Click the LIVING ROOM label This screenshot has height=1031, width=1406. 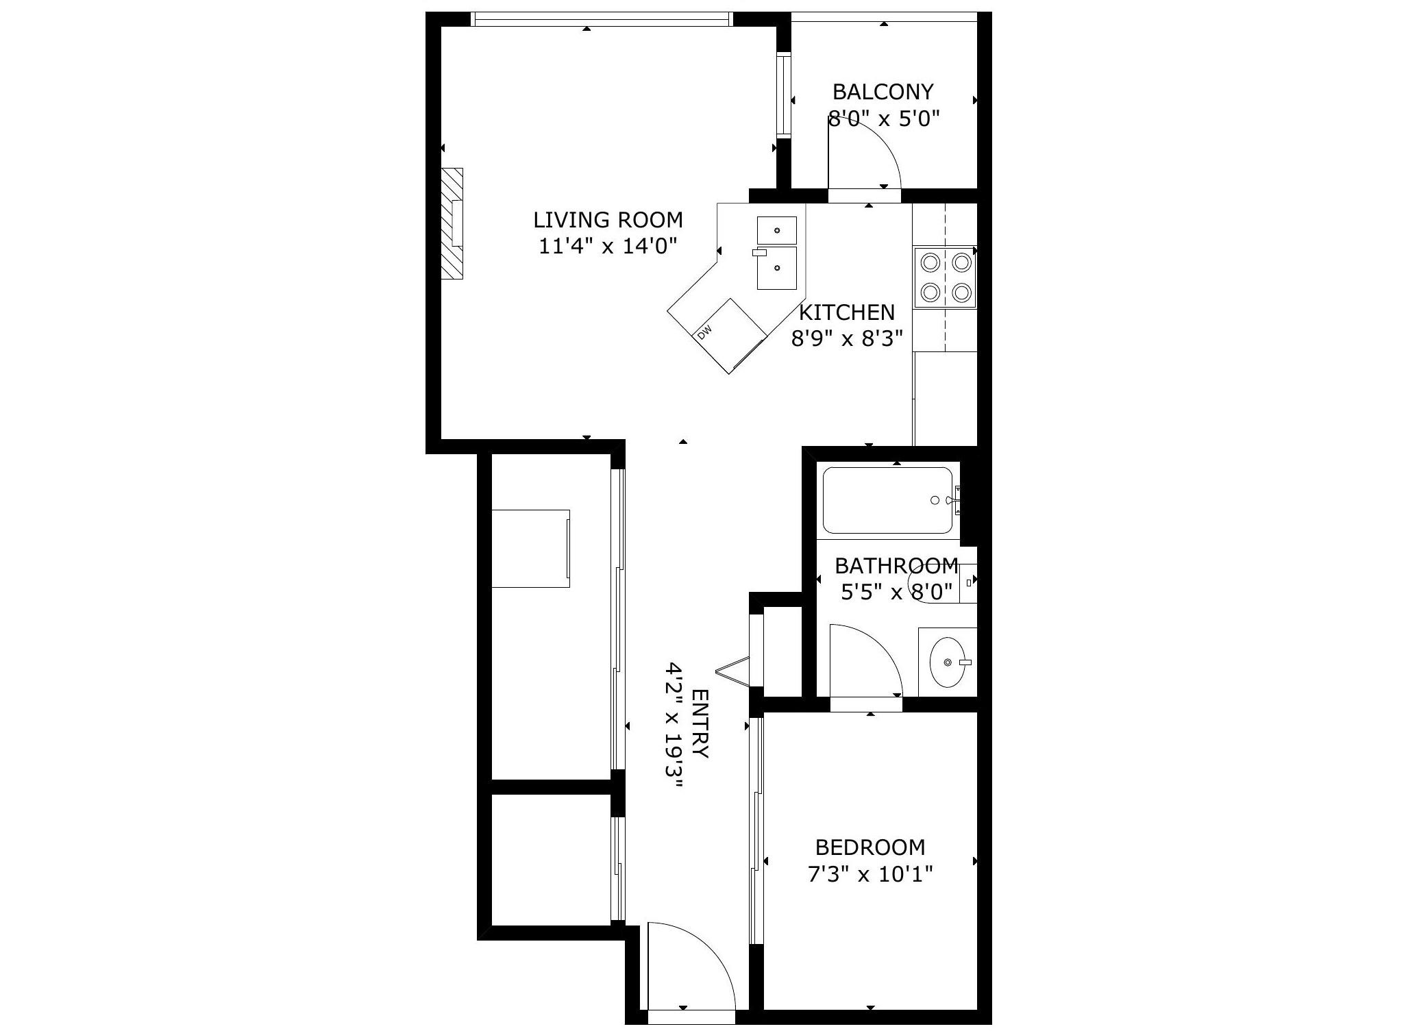click(608, 220)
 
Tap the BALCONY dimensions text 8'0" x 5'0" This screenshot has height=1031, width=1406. click(883, 119)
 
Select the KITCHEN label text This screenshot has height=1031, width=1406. click(847, 312)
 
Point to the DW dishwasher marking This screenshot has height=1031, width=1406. click(704, 332)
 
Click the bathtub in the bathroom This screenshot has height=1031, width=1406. click(887, 500)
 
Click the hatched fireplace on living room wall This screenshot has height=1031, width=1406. click(452, 223)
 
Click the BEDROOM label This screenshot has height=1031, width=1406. click(870, 847)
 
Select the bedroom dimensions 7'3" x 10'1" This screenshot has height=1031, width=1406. click(870, 875)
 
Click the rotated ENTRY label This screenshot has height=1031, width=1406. click(700, 724)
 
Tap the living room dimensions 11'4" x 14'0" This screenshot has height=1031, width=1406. click(608, 246)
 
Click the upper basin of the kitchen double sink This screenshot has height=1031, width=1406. click(777, 231)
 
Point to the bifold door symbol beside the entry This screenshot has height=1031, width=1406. click(733, 670)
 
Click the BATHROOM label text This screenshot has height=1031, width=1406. click(896, 566)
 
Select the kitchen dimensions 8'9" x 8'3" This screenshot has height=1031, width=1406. click(847, 338)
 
